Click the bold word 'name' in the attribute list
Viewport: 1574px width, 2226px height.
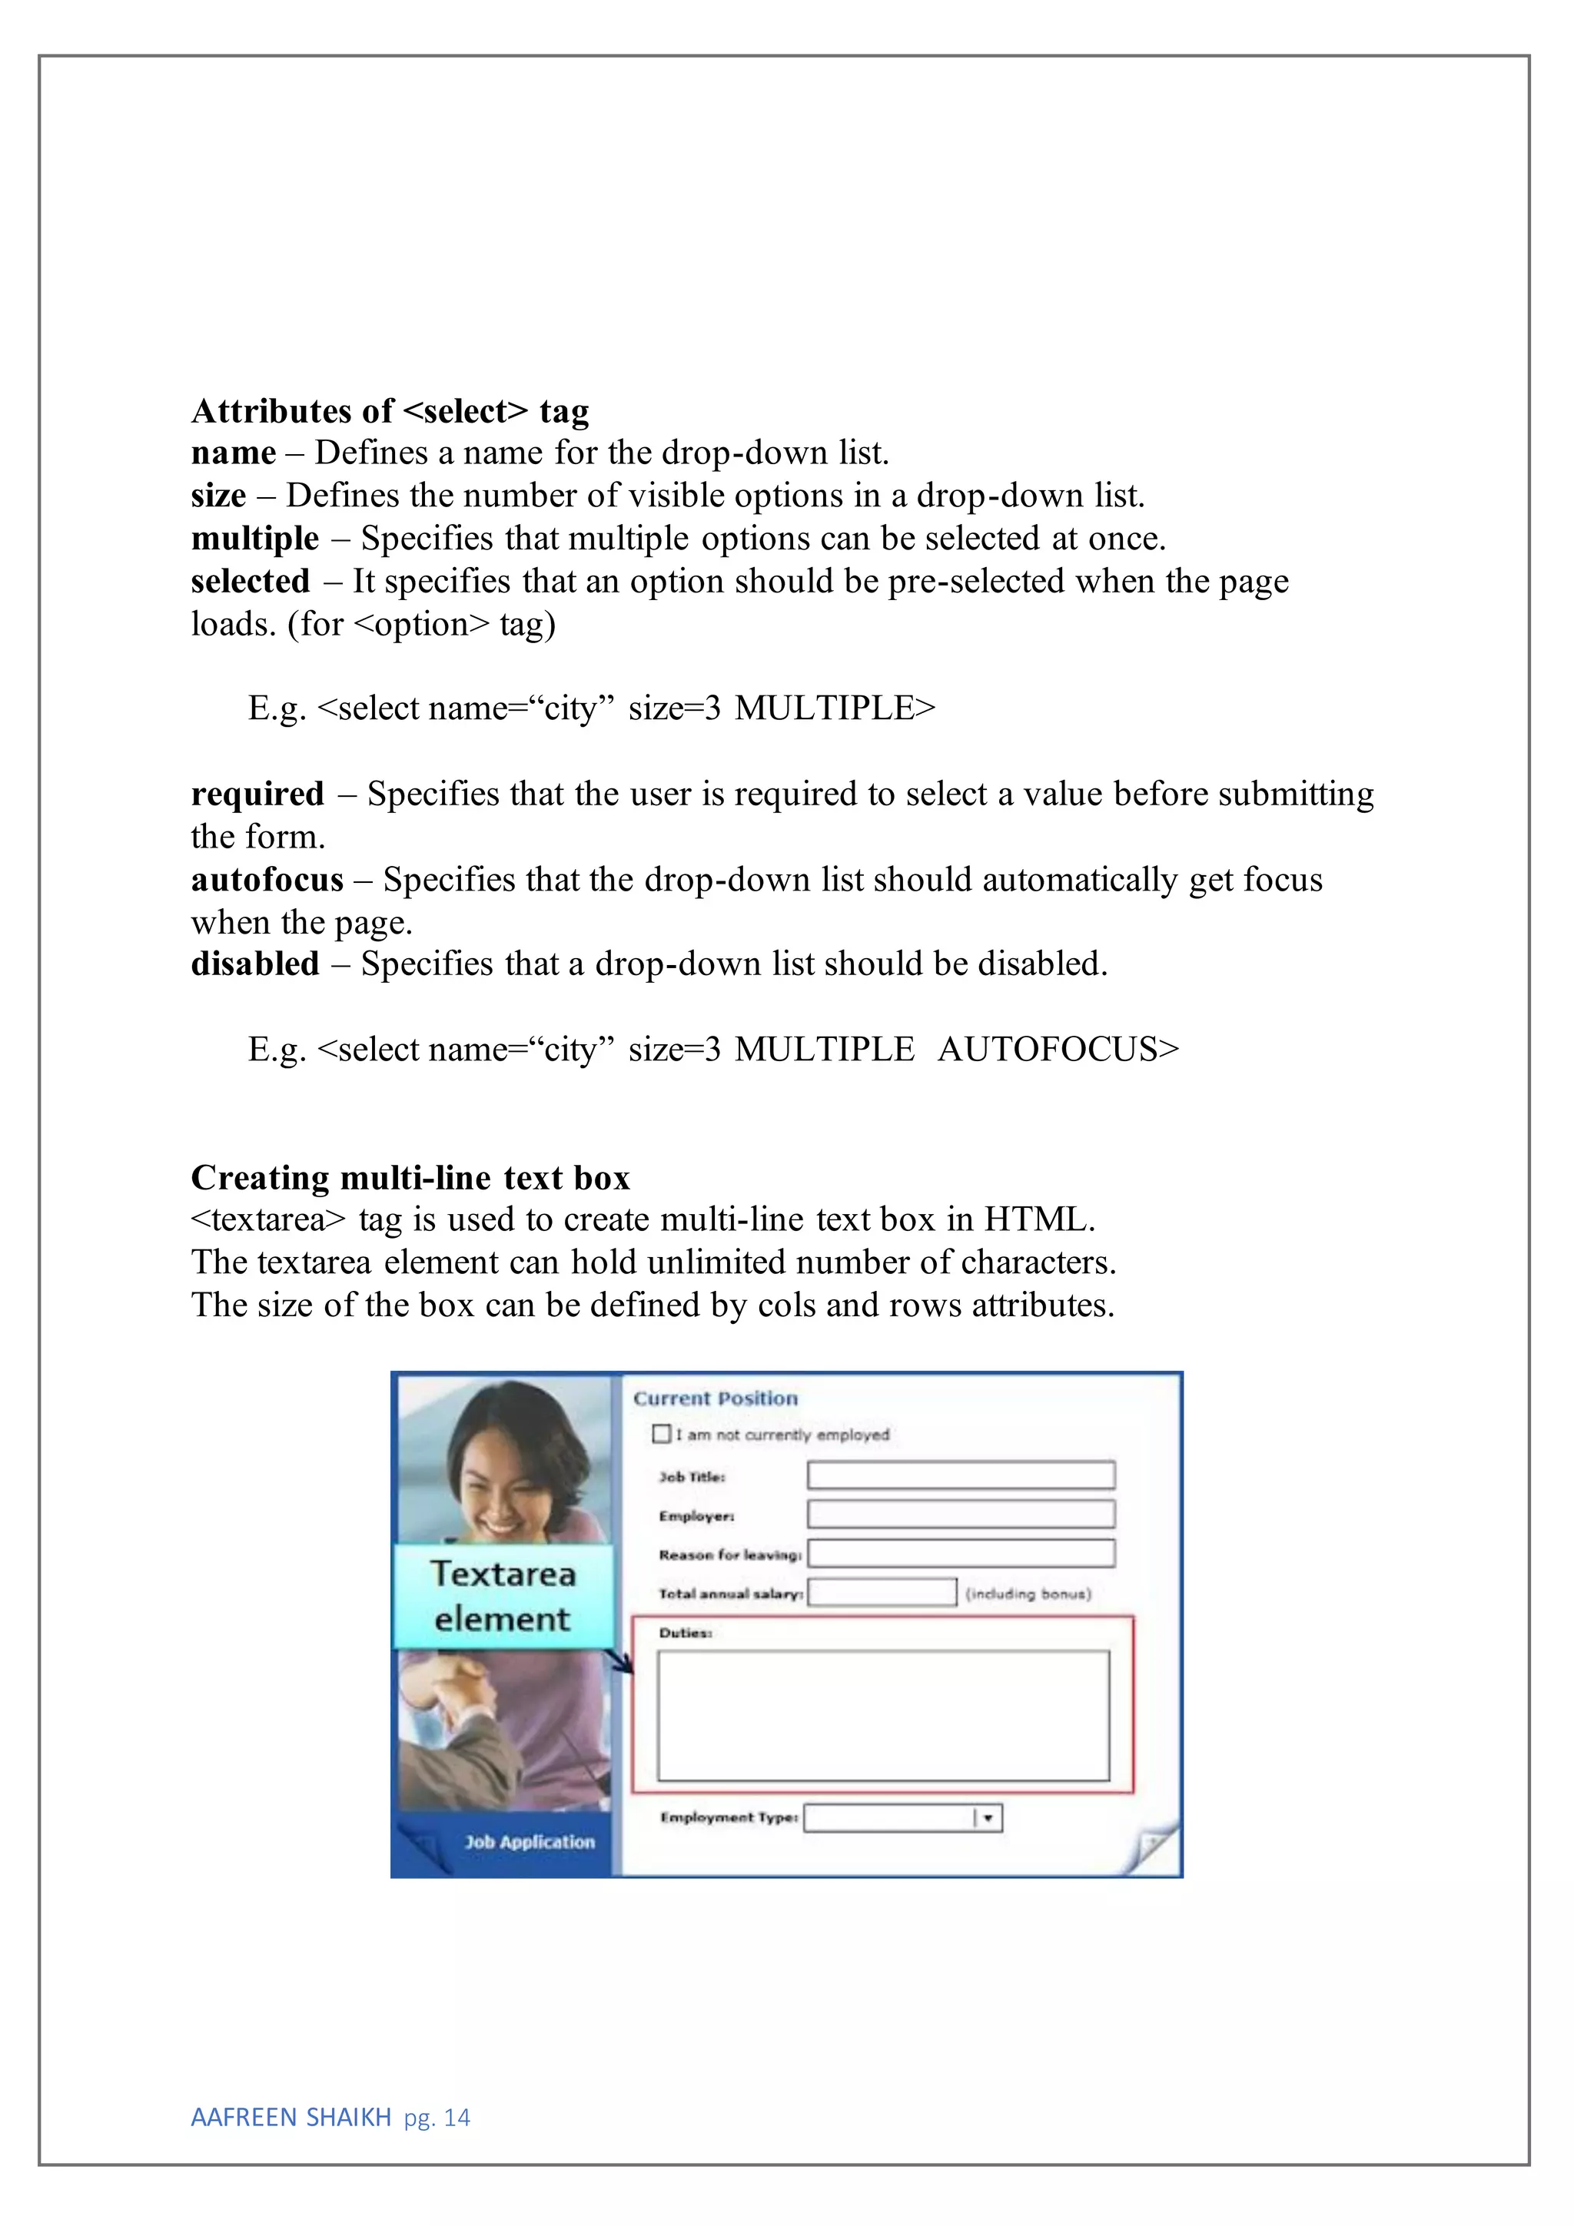(x=233, y=453)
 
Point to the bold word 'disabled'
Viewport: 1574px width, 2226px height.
(x=254, y=964)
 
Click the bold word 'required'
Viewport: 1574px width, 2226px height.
(x=257, y=794)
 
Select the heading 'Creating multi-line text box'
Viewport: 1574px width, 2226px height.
(x=410, y=1177)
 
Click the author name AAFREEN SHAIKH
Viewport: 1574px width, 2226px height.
(x=291, y=2118)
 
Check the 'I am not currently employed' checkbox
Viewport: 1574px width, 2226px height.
(x=662, y=1433)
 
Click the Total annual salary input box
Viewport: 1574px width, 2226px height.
(x=882, y=1592)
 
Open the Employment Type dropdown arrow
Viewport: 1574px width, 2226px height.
(x=988, y=1818)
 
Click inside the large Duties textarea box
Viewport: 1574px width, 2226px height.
(x=882, y=1715)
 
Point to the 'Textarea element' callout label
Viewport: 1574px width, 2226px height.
(x=503, y=1596)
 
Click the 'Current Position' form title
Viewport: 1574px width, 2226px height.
(x=716, y=1398)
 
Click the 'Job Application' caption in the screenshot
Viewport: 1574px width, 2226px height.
(x=529, y=1841)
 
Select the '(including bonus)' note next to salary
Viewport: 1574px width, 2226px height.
(x=1028, y=1593)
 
